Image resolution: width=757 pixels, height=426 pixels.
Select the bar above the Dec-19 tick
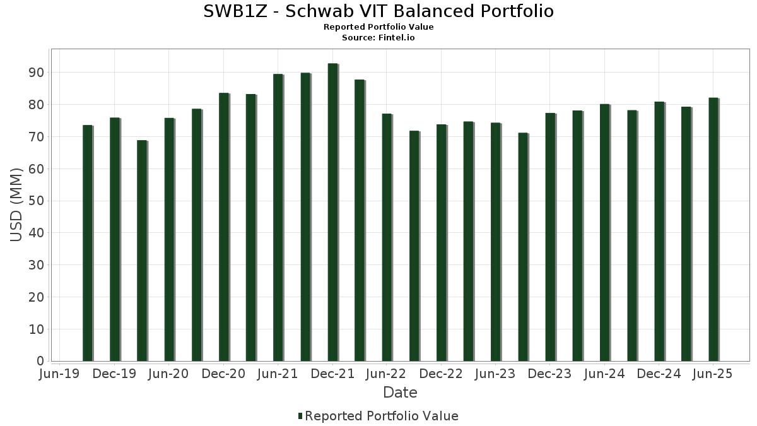pyautogui.click(x=114, y=239)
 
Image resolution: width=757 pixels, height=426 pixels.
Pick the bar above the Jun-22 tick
pyautogui.click(x=387, y=237)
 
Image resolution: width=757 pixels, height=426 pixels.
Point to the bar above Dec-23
pyautogui.click(x=550, y=237)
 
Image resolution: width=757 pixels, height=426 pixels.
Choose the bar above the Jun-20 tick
pyautogui.click(x=168, y=239)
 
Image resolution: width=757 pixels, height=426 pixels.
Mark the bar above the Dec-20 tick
pyautogui.click(x=223, y=227)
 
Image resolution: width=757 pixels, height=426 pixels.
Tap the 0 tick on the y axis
pyautogui.click(x=40, y=361)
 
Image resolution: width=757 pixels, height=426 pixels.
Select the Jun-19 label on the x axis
pyautogui.click(x=59, y=374)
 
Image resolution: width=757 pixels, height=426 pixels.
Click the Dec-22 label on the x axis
pyautogui.click(x=441, y=374)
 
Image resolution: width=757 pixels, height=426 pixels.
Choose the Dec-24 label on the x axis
pyautogui.click(x=659, y=374)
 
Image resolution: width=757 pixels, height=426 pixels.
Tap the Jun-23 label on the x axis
pyautogui.click(x=495, y=374)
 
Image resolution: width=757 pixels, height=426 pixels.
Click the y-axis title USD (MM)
pyautogui.click(x=16, y=204)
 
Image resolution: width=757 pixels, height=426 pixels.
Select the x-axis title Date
pyautogui.click(x=400, y=393)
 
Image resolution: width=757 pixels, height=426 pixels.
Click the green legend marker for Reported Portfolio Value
pyautogui.click(x=300, y=416)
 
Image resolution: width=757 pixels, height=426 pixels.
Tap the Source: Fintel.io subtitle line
pyautogui.click(x=378, y=38)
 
